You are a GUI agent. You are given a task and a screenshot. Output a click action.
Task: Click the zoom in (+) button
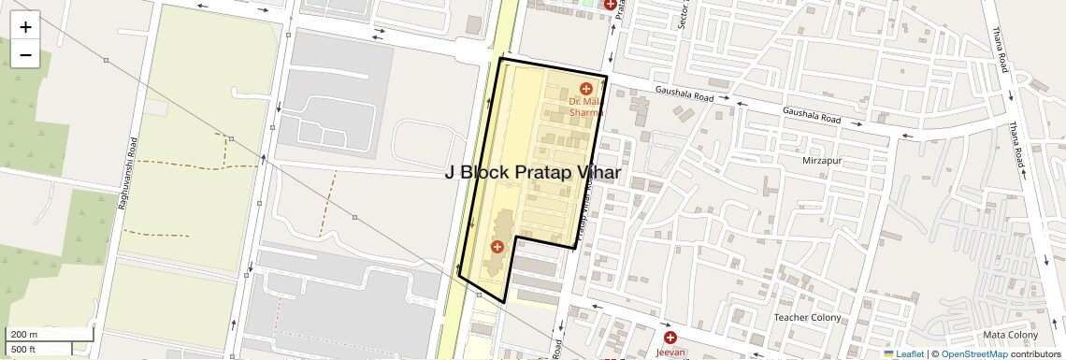[25, 27]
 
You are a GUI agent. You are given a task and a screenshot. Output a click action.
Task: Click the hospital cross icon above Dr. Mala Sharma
[586, 89]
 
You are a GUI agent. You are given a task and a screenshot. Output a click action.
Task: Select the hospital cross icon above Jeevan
[670, 337]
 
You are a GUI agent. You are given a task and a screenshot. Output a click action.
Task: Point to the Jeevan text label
[670, 353]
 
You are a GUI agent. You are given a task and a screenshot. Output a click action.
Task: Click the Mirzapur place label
[822, 161]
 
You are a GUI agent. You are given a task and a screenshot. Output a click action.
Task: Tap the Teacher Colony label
[809, 318]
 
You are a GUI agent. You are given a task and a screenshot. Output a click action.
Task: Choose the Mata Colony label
[1010, 335]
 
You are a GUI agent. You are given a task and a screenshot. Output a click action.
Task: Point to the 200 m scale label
[24, 335]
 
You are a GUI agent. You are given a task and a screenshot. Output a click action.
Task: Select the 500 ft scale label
[24, 350]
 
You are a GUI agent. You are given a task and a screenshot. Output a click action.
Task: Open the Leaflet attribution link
[910, 354]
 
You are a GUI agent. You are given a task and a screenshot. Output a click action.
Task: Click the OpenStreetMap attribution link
[973, 354]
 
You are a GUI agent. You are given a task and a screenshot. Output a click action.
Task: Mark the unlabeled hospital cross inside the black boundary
[497, 247]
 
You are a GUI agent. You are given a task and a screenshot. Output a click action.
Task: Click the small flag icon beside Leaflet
[888, 354]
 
